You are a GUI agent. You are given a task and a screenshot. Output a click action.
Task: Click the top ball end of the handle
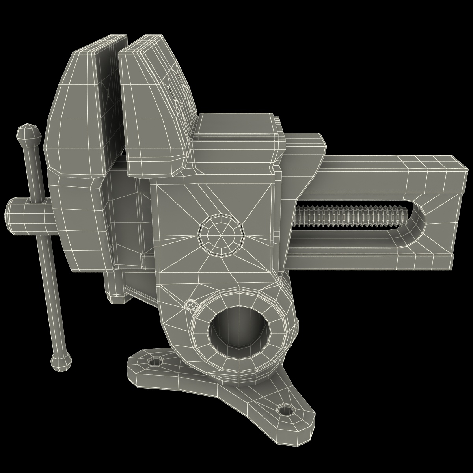point(28,134)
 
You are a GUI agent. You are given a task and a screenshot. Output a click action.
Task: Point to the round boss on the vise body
point(221,235)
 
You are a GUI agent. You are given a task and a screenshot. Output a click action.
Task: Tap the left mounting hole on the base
point(156,361)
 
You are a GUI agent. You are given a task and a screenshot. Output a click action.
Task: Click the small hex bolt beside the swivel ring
point(191,304)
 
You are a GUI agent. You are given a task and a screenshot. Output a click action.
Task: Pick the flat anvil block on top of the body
point(236,126)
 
